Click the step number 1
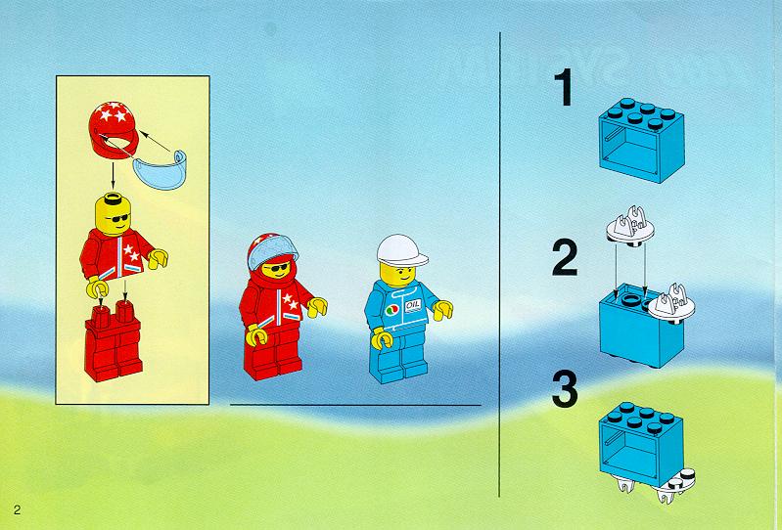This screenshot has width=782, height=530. click(565, 88)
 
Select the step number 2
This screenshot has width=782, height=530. click(565, 257)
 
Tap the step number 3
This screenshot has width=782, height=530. click(565, 388)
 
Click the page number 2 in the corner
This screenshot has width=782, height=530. click(18, 510)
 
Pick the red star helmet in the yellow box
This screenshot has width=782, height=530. click(114, 129)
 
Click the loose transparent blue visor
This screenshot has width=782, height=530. click(160, 170)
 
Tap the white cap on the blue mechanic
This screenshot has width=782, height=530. click(401, 250)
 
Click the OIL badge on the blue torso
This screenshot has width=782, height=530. click(412, 305)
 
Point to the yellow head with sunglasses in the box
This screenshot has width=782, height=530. click(114, 214)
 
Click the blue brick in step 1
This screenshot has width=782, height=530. click(641, 140)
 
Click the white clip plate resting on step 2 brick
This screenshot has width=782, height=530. click(670, 304)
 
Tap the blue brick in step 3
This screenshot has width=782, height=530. click(641, 443)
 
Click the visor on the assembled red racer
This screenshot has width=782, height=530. click(272, 253)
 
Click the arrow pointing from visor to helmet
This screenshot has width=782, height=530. click(156, 141)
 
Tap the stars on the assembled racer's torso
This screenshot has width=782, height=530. click(291, 301)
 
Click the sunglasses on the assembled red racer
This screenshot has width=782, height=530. click(277, 269)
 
